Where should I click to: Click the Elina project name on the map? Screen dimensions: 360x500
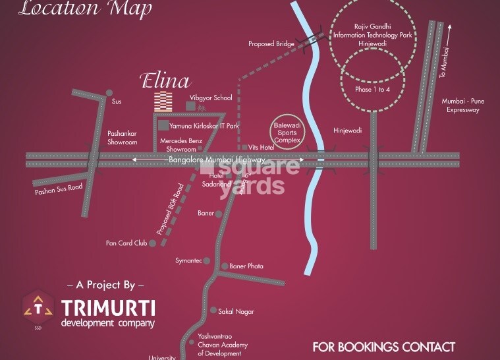(165, 81)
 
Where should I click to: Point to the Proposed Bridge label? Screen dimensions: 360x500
(271, 44)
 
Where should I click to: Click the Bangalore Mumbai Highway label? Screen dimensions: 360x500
(217, 160)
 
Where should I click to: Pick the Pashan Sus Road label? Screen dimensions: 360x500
(59, 189)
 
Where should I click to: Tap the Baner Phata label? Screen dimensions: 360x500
(246, 266)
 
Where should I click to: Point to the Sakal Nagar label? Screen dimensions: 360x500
(236, 311)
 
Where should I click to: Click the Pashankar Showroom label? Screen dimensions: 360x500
(122, 137)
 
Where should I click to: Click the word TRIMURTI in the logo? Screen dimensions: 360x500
(109, 309)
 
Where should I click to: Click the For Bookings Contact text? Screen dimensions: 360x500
(383, 347)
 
